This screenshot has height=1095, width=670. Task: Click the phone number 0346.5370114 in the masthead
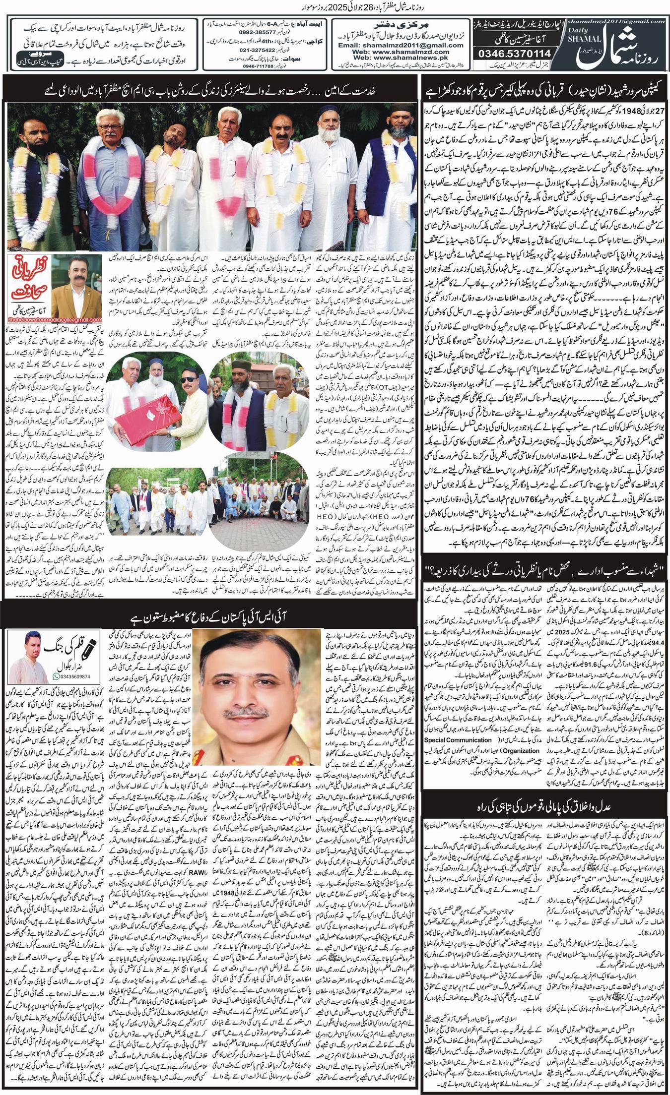pos(510,53)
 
